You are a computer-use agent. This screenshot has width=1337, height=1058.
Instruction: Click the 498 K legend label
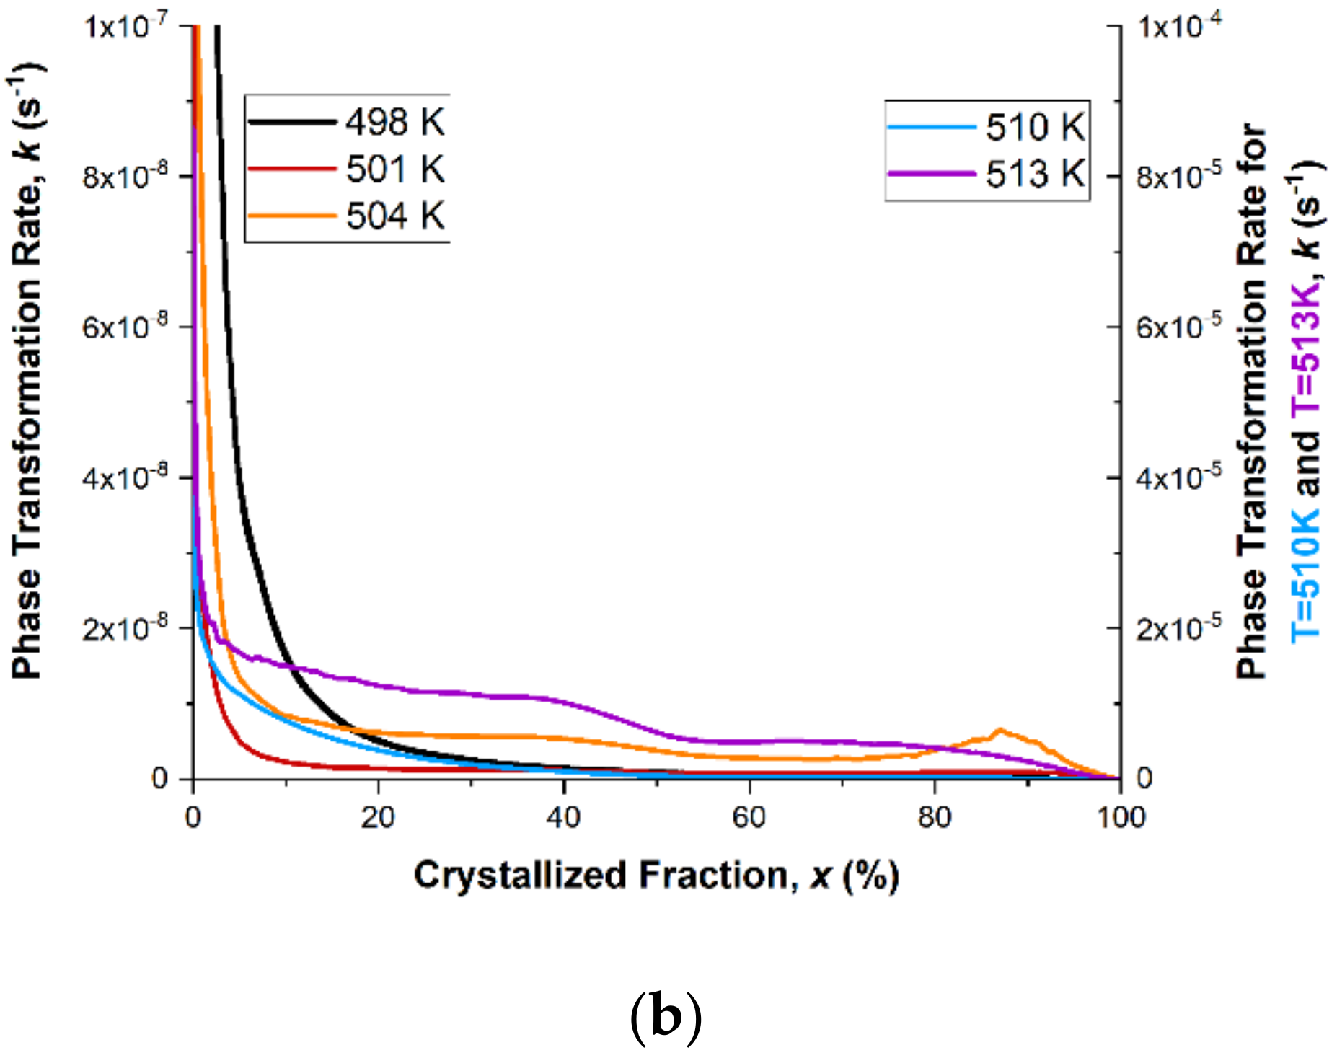coord(395,122)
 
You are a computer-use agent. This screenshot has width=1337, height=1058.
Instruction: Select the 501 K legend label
coord(395,169)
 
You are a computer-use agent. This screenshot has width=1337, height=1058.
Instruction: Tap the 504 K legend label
coord(395,216)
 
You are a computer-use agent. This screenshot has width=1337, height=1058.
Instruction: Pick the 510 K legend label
coord(1035,128)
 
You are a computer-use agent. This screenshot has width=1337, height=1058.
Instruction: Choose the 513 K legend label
coord(1035,174)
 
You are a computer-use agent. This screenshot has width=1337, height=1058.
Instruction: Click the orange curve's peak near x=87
coord(1000,731)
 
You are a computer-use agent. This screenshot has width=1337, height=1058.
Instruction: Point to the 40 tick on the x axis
coord(564,817)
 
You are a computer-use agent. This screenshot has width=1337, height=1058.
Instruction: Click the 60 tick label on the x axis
coord(749,817)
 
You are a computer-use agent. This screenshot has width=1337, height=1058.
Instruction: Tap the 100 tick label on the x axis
coord(1120,817)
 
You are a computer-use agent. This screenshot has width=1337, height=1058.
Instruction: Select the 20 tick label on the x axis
coord(379,817)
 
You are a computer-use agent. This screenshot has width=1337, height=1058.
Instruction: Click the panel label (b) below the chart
coord(665,1017)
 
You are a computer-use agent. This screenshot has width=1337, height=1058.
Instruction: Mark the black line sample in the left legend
coord(293,122)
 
